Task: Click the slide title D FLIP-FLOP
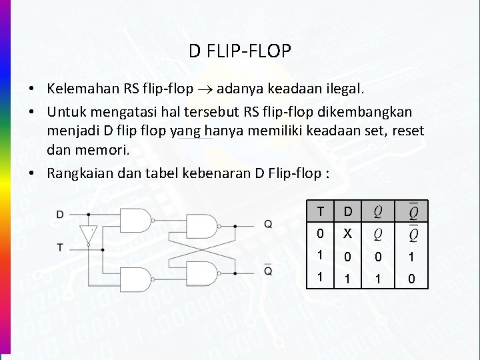(239, 51)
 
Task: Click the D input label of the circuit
(60, 215)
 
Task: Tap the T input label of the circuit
(60, 247)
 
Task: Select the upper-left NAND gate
(135, 221)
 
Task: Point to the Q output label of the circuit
(267, 225)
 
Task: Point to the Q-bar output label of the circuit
(267, 271)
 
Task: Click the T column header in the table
(321, 212)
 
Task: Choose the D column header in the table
(347, 212)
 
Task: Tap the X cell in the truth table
(347, 234)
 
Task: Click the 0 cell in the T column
(321, 234)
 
